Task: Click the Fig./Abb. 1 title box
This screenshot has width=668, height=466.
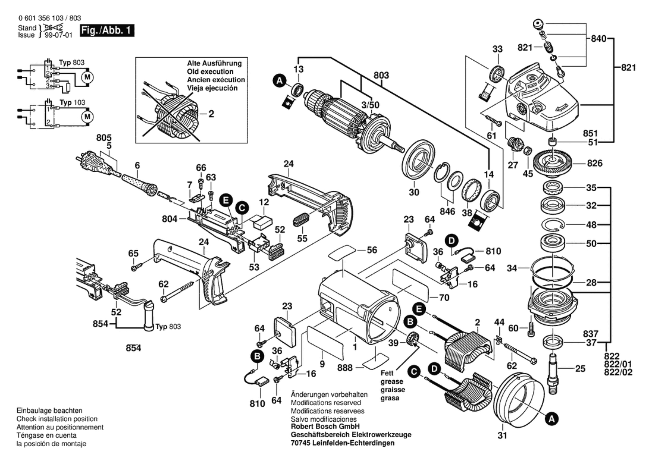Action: point(107,31)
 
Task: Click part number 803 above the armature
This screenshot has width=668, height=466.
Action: point(381,75)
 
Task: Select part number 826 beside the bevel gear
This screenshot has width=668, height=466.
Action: point(595,163)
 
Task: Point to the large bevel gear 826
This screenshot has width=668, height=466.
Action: point(553,163)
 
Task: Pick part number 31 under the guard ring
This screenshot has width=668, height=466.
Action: point(502,435)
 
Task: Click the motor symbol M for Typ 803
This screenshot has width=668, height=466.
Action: point(87,77)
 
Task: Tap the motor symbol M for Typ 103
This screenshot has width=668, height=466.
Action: point(87,117)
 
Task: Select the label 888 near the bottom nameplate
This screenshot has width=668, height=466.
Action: point(345,368)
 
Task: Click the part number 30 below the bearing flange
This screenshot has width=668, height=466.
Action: point(414,192)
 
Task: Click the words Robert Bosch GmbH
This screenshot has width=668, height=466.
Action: point(325,426)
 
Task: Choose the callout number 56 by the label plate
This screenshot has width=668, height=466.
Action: point(372,250)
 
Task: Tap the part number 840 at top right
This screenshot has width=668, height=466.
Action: point(599,39)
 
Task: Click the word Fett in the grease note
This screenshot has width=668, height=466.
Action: point(387,373)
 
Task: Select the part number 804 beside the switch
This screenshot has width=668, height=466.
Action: point(170,219)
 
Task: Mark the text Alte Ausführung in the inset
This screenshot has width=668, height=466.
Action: point(214,63)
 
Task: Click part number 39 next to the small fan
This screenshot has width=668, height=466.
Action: point(393,343)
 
